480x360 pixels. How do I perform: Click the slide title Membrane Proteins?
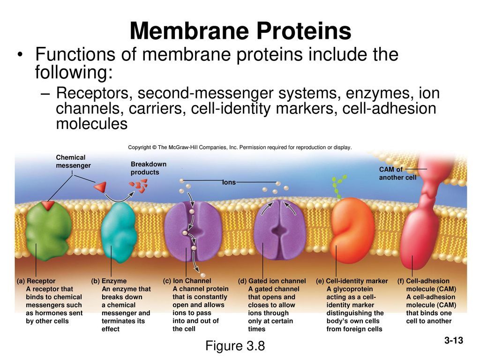[240, 31]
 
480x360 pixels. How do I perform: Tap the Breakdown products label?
[148, 168]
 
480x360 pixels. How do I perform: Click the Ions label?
[229, 182]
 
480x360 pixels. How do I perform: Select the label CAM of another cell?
[397, 173]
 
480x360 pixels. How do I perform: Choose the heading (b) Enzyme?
[109, 281]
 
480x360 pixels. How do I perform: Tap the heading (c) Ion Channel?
[187, 281]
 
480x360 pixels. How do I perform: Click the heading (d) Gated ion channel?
[271, 281]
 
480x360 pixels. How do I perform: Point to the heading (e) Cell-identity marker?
[352, 281]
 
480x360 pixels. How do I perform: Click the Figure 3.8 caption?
[235, 346]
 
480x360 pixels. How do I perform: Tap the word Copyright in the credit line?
[139, 147]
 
